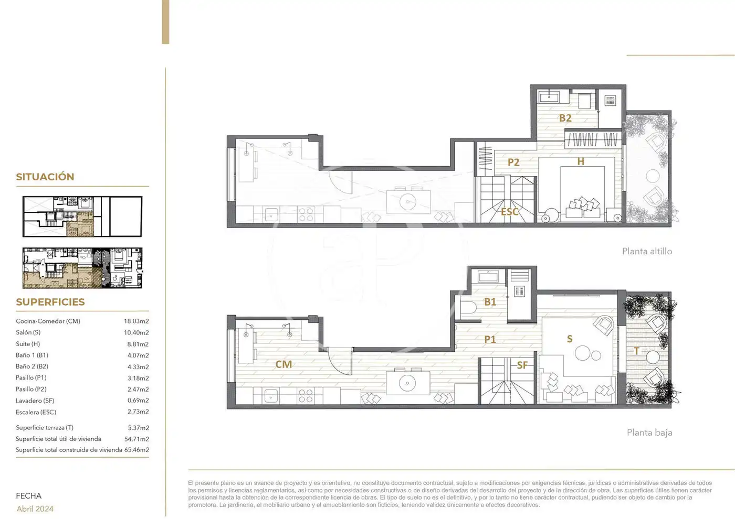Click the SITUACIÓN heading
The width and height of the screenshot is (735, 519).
[x=45, y=177]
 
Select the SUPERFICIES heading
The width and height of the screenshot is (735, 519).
[x=50, y=302]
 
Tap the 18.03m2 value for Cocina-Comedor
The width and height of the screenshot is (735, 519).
[x=136, y=321]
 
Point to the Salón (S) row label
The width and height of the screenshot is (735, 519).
[x=28, y=332]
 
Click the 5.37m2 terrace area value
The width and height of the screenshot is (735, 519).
[x=139, y=428]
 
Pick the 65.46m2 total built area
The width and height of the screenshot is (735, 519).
[x=136, y=450]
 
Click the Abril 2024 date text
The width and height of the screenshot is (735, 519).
[x=35, y=509]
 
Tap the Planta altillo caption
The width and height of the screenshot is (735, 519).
[x=647, y=251]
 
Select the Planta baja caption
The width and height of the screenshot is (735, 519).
[x=649, y=433]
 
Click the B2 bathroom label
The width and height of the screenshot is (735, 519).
[x=565, y=118]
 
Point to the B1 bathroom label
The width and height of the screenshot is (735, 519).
[x=490, y=302]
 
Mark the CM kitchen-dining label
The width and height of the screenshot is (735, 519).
[x=283, y=364]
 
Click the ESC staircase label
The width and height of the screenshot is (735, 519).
[x=510, y=212]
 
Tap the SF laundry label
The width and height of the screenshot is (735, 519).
[x=522, y=365]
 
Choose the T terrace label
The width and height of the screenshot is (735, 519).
[x=636, y=351]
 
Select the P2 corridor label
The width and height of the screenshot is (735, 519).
[x=513, y=162]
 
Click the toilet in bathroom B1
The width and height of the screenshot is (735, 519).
[x=468, y=308]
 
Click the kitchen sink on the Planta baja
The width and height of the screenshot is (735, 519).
[x=270, y=395]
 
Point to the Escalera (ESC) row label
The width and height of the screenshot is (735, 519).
[x=36, y=412]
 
